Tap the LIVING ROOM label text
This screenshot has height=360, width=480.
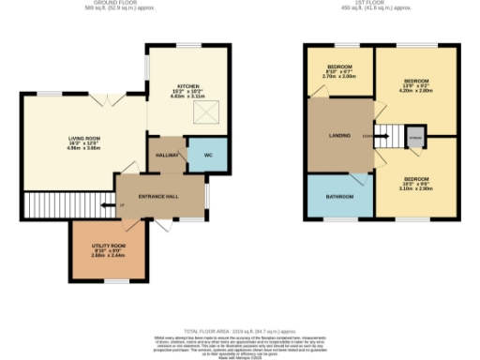click(85, 138)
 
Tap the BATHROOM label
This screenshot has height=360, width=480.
click(339, 197)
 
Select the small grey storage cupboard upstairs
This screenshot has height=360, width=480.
click(415, 137)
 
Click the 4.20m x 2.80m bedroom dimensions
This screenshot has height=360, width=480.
click(414, 92)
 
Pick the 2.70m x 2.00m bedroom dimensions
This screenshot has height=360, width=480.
click(339, 76)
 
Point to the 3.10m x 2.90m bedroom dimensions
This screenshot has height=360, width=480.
click(416, 188)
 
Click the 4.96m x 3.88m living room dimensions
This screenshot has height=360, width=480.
click(85, 148)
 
